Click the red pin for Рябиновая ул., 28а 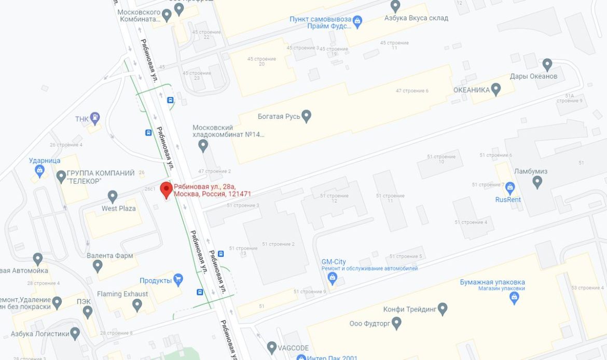(x=166, y=189)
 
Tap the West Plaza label (x=118, y=209)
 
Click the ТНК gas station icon (x=94, y=118)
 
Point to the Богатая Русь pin (x=306, y=116)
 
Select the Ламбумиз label (x=530, y=171)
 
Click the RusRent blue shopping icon (x=509, y=187)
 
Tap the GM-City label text (x=333, y=262)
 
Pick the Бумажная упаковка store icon (x=514, y=297)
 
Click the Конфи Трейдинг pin (x=443, y=309)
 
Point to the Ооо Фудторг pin (x=396, y=323)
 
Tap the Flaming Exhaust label (x=122, y=294)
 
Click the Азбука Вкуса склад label (x=416, y=18)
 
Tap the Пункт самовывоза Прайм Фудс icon (x=357, y=21)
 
